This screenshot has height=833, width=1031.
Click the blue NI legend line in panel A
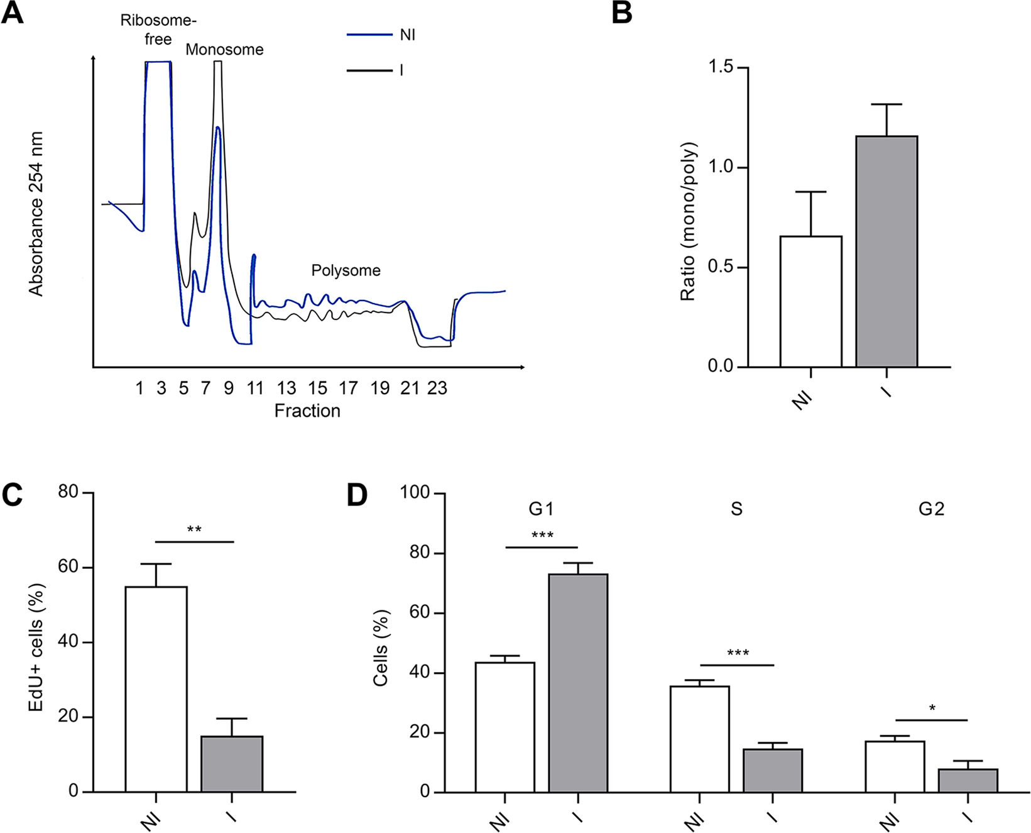coord(369,35)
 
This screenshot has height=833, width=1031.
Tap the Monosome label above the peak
coord(224,50)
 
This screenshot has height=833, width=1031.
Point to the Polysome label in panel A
coord(346,270)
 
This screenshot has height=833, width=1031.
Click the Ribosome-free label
coord(158,30)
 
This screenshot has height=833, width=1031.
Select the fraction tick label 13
coord(286,389)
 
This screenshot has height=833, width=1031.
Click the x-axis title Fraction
coord(307,411)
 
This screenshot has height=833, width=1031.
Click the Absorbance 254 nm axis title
coord(36,214)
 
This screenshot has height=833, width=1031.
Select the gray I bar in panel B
coord(886,251)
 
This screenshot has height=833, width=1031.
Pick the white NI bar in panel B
coord(810,302)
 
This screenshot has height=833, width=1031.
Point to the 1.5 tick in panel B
coord(721,67)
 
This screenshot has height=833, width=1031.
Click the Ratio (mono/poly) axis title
coord(689,221)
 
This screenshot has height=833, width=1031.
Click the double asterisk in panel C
coord(194,530)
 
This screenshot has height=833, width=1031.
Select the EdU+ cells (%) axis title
coord(36,648)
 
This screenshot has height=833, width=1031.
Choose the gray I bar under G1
coord(578,682)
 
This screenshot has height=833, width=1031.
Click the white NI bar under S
coord(699,739)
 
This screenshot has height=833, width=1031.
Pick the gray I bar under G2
coord(968,780)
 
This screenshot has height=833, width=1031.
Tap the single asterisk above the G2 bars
coord(932,709)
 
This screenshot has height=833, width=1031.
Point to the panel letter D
coord(357,496)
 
